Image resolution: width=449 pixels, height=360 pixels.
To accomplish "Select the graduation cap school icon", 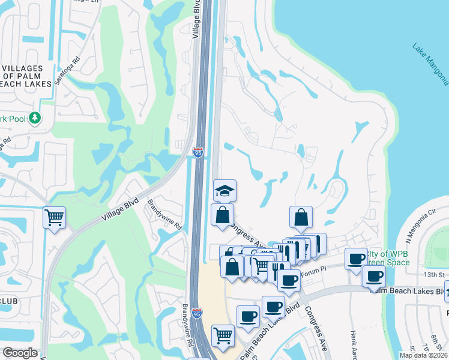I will [224, 190].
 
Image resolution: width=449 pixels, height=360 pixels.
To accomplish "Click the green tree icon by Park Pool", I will [35, 118].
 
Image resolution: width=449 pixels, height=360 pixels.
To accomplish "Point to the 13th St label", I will [435, 274].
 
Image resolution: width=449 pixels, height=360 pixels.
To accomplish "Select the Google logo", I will [19, 353].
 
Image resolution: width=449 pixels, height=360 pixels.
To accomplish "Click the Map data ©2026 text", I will [423, 355].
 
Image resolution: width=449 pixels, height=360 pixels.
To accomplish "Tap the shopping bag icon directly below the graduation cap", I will [222, 215].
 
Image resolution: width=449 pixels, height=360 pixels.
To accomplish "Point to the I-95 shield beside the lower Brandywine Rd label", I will [198, 313].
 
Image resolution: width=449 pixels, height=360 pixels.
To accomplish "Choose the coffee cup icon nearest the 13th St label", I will [374, 277].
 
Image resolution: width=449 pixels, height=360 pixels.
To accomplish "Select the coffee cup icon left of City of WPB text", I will [357, 259].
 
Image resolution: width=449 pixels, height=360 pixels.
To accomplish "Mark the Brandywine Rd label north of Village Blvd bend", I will [164, 215].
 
